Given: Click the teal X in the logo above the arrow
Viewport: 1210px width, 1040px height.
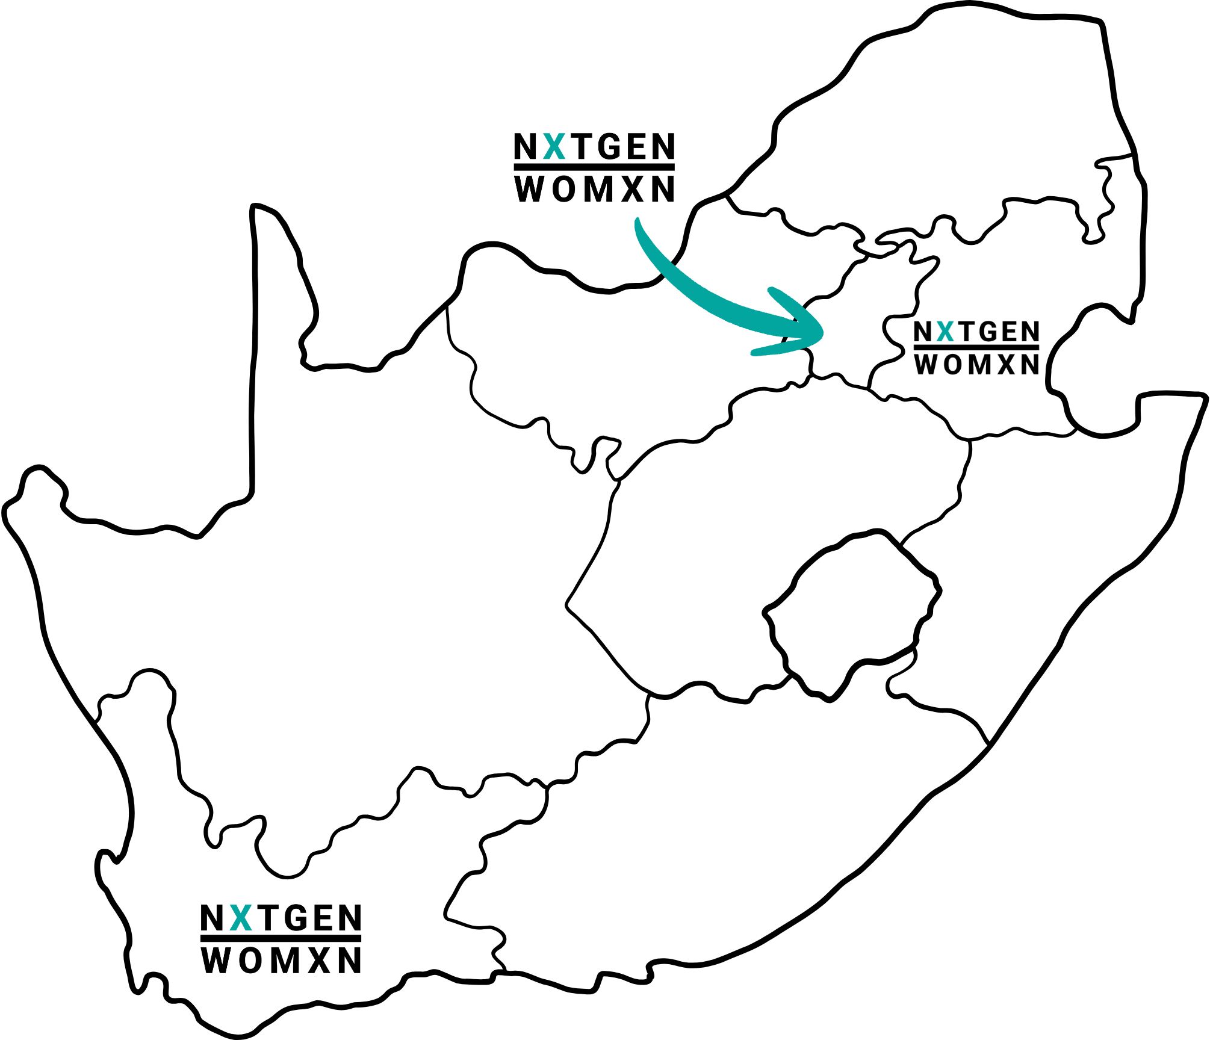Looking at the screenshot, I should pos(554,146).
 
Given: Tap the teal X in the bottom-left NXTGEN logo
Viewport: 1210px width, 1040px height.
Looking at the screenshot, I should pos(241,918).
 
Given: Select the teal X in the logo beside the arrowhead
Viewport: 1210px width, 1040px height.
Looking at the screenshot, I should pos(945,332).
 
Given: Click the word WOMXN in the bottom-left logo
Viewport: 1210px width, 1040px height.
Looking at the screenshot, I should pos(281,960).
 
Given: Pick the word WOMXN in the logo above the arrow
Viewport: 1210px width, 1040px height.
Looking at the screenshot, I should pos(595,189).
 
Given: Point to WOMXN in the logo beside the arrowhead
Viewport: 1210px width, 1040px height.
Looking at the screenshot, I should pos(976,364).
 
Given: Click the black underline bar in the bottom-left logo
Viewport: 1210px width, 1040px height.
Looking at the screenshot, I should pos(281,938).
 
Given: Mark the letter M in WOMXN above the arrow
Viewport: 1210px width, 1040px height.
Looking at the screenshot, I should pos(598,189).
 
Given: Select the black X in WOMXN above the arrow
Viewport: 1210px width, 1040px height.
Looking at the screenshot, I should pos(632,189).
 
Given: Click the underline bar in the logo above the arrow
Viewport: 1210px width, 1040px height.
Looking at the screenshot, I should pos(594,167).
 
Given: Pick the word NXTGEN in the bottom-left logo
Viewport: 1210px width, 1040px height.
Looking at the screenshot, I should pos(281,918).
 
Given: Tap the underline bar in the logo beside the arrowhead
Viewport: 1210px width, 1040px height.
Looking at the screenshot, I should pos(976,347).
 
